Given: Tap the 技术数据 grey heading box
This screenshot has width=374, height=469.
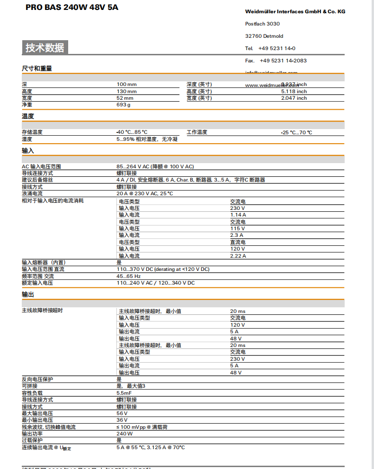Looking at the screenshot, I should coord(45,48).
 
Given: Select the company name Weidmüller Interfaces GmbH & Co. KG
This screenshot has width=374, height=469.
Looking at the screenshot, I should coord(295,11).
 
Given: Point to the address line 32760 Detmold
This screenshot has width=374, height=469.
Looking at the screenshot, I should coord(264,36).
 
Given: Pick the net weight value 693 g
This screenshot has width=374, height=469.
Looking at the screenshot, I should coord(124,105).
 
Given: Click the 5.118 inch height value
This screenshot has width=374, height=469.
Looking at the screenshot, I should coord(294,91).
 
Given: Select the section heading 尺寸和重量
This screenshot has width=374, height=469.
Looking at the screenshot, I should coord(37,69).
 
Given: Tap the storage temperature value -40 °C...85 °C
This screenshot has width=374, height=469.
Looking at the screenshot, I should coord(132,132).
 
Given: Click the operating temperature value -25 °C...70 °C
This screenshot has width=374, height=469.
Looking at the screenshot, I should coord(296,132).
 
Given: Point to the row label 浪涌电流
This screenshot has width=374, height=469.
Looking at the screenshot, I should coord(32,193).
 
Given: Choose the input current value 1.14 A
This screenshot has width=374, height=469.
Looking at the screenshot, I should coord(238,215).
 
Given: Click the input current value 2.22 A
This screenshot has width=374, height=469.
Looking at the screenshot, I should coord(238,256).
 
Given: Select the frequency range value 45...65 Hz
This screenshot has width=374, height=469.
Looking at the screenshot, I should coord(129,276).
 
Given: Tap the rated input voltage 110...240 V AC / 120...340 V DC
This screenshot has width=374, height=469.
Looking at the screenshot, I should coord(156,283).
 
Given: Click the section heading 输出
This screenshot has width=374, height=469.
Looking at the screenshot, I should coord(28,295).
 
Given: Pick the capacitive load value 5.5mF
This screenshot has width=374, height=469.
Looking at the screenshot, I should coord(124,393).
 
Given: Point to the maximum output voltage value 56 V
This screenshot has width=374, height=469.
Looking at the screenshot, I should coord(122,413).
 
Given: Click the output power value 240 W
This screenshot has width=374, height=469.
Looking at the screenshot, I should coord(125,434).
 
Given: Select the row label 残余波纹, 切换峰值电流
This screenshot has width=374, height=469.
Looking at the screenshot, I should coord(49,427).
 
